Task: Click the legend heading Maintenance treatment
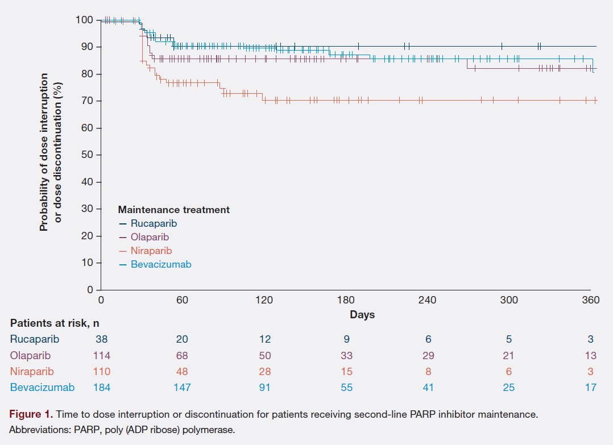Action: pos(173,210)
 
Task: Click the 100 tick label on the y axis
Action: pos(84,20)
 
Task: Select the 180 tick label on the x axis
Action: pos(346,301)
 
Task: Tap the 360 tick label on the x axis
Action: pos(590,301)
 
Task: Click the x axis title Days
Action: pos(362,314)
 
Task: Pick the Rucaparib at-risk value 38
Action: pos(102,339)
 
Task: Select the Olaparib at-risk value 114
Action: pos(102,356)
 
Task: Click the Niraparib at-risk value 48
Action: pos(183,372)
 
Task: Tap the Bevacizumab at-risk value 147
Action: pos(183,388)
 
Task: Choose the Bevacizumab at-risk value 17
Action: pos(590,388)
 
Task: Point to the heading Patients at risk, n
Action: pos(55,323)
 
